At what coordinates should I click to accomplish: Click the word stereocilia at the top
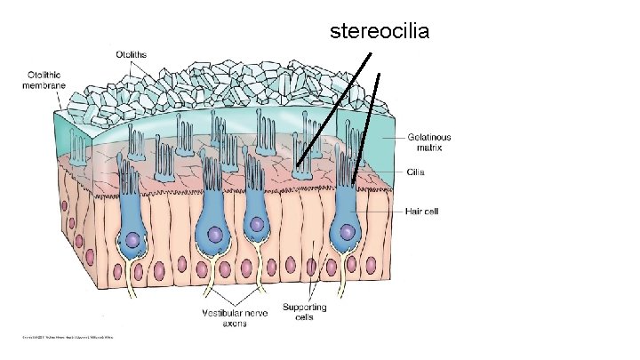click(380, 32)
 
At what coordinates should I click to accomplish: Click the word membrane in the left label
click(44, 85)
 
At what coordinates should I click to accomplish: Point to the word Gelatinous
click(429, 138)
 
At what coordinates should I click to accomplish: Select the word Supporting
click(305, 308)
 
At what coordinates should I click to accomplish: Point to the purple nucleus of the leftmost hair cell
click(133, 240)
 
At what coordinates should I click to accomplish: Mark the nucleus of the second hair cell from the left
click(215, 236)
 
